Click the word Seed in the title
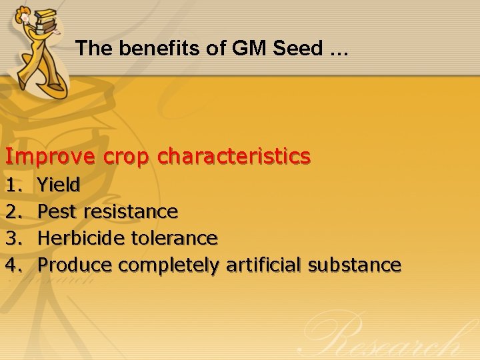click(x=303, y=48)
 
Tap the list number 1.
click(x=13, y=185)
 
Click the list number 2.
click(x=13, y=211)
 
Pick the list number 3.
click(x=13, y=238)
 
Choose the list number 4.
click(x=13, y=265)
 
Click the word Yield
click(x=59, y=185)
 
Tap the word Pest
click(x=57, y=211)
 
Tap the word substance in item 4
click(x=353, y=265)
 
